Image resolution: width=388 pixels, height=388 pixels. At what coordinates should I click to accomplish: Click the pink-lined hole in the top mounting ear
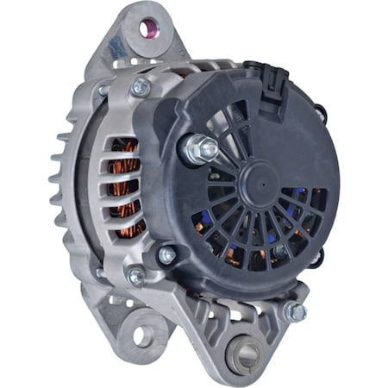(x=145, y=29)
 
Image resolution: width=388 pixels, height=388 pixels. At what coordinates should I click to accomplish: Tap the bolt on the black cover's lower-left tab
(x=166, y=255)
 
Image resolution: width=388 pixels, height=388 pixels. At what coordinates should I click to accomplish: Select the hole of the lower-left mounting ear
(x=140, y=335)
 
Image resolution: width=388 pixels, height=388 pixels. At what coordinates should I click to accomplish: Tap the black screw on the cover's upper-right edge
(x=321, y=112)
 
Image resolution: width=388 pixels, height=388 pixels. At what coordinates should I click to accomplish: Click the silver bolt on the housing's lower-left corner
(x=135, y=276)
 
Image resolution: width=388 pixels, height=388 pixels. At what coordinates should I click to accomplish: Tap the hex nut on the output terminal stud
(x=206, y=148)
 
